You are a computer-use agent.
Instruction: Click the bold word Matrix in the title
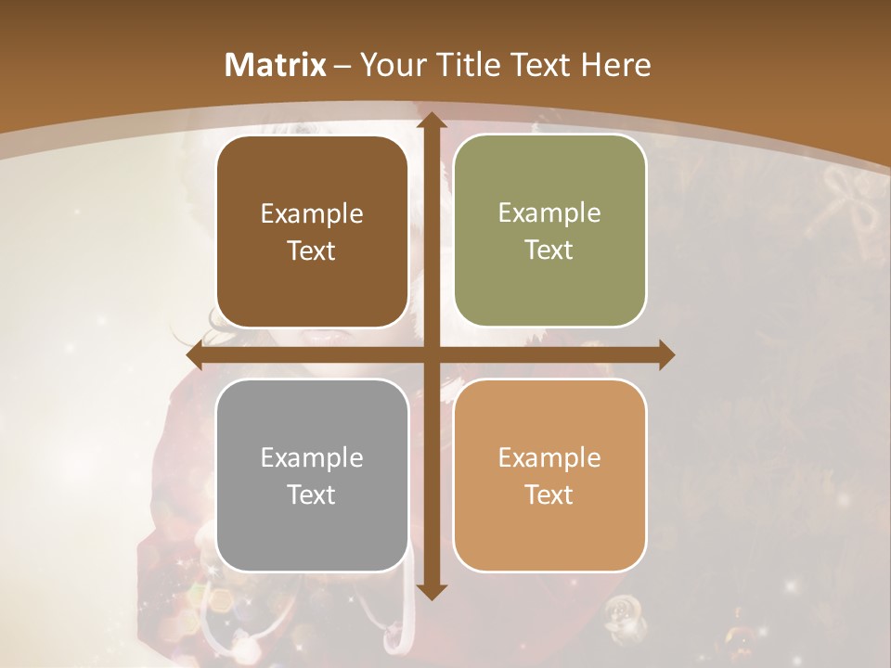coord(276,65)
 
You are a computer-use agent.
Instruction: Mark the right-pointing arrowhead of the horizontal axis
coord(665,355)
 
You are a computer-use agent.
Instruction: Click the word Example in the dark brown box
coord(312,214)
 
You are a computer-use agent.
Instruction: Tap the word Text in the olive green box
coord(549,250)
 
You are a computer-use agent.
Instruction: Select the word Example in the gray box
coord(312,458)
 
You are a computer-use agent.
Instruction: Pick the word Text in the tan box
coord(549,495)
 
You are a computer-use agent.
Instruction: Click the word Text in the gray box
coord(312,495)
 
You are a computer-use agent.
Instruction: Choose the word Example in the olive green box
coord(549,213)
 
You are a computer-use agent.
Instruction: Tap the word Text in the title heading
coord(539,65)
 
